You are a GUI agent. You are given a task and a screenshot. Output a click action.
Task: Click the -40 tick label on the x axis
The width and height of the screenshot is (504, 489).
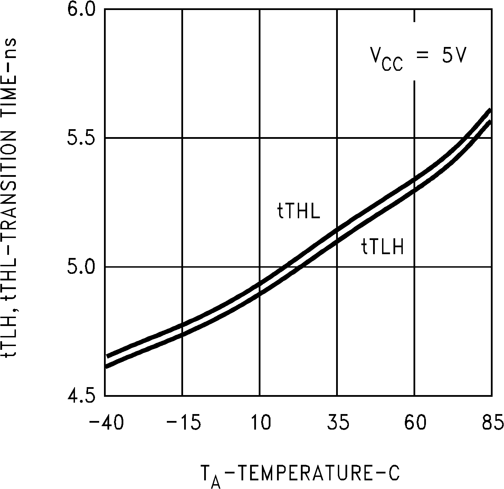(106, 423)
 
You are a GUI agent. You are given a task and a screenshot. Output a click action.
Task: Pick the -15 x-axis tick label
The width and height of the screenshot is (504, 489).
(183, 423)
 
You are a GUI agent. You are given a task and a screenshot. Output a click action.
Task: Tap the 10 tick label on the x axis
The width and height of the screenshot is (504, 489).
(261, 423)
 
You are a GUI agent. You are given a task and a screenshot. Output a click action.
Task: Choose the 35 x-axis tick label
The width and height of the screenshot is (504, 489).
(338, 423)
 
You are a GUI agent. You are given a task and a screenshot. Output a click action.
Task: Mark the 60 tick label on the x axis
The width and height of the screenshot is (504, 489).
(416, 423)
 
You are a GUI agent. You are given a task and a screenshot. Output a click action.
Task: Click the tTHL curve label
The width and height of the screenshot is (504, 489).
(299, 212)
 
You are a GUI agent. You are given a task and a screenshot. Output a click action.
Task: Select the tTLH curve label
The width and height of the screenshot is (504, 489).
(383, 248)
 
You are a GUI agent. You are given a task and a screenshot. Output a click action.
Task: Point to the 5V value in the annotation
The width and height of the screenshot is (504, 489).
(455, 56)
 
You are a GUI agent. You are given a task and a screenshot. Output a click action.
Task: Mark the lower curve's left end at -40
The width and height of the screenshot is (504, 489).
(106, 366)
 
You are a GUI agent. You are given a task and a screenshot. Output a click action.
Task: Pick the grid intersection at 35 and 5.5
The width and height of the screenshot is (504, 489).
(337, 138)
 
